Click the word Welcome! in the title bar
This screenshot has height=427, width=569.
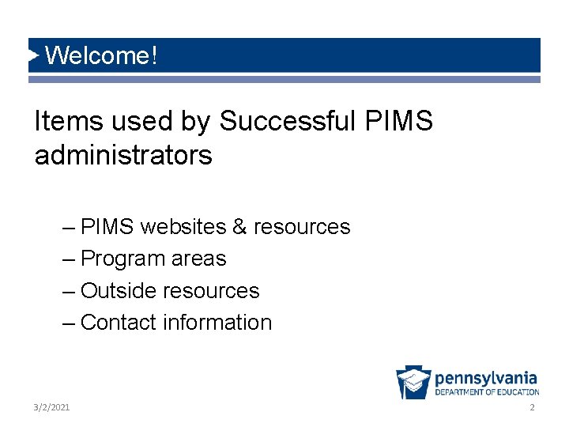click(x=102, y=56)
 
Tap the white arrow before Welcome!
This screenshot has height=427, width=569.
click(x=34, y=55)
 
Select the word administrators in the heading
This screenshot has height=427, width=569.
click(x=123, y=155)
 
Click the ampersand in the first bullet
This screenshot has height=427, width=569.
click(x=239, y=227)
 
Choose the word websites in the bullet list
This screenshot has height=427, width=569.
click(x=183, y=227)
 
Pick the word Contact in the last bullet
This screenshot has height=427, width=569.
click(x=119, y=323)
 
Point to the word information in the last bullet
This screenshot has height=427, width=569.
click(x=217, y=323)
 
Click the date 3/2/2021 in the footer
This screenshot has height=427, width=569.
click(x=52, y=406)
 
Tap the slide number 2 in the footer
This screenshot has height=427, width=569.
click(x=532, y=406)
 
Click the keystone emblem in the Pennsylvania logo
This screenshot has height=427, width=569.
click(x=413, y=383)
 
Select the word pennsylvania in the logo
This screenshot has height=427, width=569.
click(x=486, y=378)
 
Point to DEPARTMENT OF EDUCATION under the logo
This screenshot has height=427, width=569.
click(x=487, y=392)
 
